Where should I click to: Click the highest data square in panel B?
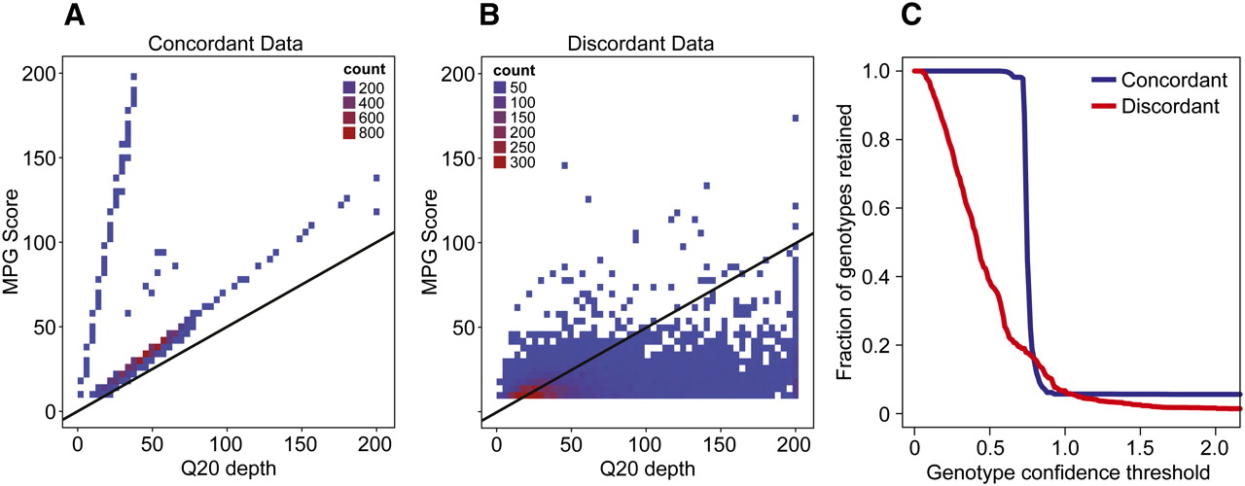(795, 118)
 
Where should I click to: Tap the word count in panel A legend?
(369, 70)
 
